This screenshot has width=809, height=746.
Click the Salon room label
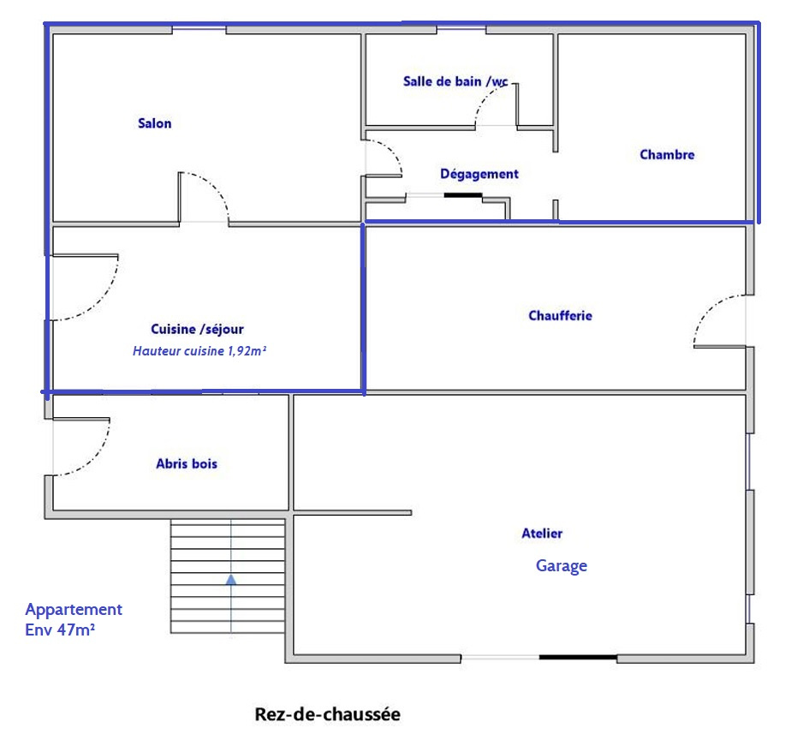pyautogui.click(x=154, y=123)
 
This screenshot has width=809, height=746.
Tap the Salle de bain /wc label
pyautogui.click(x=455, y=81)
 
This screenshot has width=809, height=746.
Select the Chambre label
pyautogui.click(x=667, y=154)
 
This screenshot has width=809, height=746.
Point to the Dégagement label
pyautogui.click(x=479, y=174)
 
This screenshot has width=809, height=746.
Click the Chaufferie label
pyautogui.click(x=560, y=315)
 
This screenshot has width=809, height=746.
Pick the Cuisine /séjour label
pyautogui.click(x=197, y=330)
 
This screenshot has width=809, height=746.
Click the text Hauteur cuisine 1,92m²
pyautogui.click(x=199, y=351)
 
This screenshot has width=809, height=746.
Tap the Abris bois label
pyautogui.click(x=187, y=463)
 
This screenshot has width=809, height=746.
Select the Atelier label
pyautogui.click(x=542, y=534)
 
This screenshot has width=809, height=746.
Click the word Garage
pyautogui.click(x=562, y=566)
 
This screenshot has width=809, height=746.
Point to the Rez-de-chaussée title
pyautogui.click(x=328, y=714)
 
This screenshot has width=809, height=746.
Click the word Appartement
pyautogui.click(x=74, y=610)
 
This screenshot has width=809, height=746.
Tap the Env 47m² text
pyautogui.click(x=60, y=630)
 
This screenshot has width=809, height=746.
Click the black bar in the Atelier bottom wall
pyautogui.click(x=579, y=657)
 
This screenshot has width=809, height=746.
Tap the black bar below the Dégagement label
pyautogui.click(x=463, y=195)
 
